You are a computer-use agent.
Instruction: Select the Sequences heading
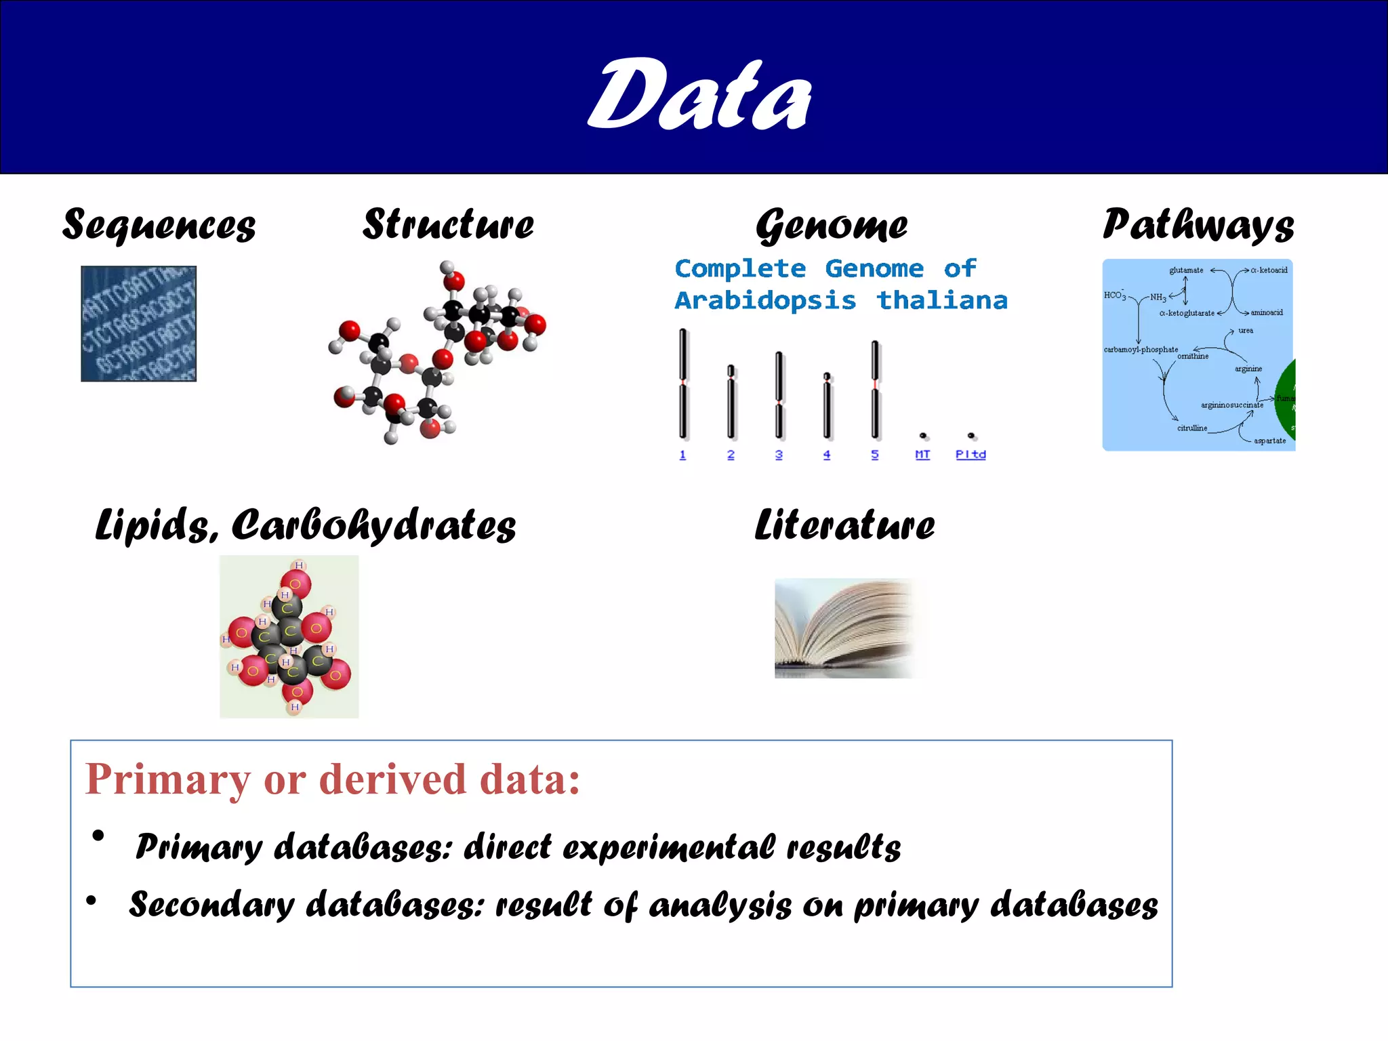click(x=159, y=224)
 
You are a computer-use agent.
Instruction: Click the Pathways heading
click(x=1198, y=224)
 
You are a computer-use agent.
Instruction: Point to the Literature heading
click(x=844, y=525)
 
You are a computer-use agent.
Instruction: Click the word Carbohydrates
click(x=373, y=525)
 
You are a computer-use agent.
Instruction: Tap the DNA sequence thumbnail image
click(x=139, y=323)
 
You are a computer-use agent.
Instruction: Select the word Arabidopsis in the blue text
click(x=765, y=300)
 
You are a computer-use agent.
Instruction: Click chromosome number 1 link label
click(x=682, y=455)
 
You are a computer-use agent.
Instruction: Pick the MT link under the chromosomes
click(x=922, y=455)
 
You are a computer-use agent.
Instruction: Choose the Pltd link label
click(x=971, y=455)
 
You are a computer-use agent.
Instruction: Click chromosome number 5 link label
click(x=875, y=455)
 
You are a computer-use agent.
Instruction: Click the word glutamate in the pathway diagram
click(x=1186, y=270)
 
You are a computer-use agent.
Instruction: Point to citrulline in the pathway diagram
click(x=1192, y=428)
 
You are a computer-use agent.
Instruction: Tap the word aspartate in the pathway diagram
click(x=1269, y=441)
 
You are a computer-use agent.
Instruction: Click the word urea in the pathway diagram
click(x=1246, y=331)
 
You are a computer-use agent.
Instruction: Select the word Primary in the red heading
click(x=167, y=779)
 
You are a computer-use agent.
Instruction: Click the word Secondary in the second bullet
click(x=212, y=905)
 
